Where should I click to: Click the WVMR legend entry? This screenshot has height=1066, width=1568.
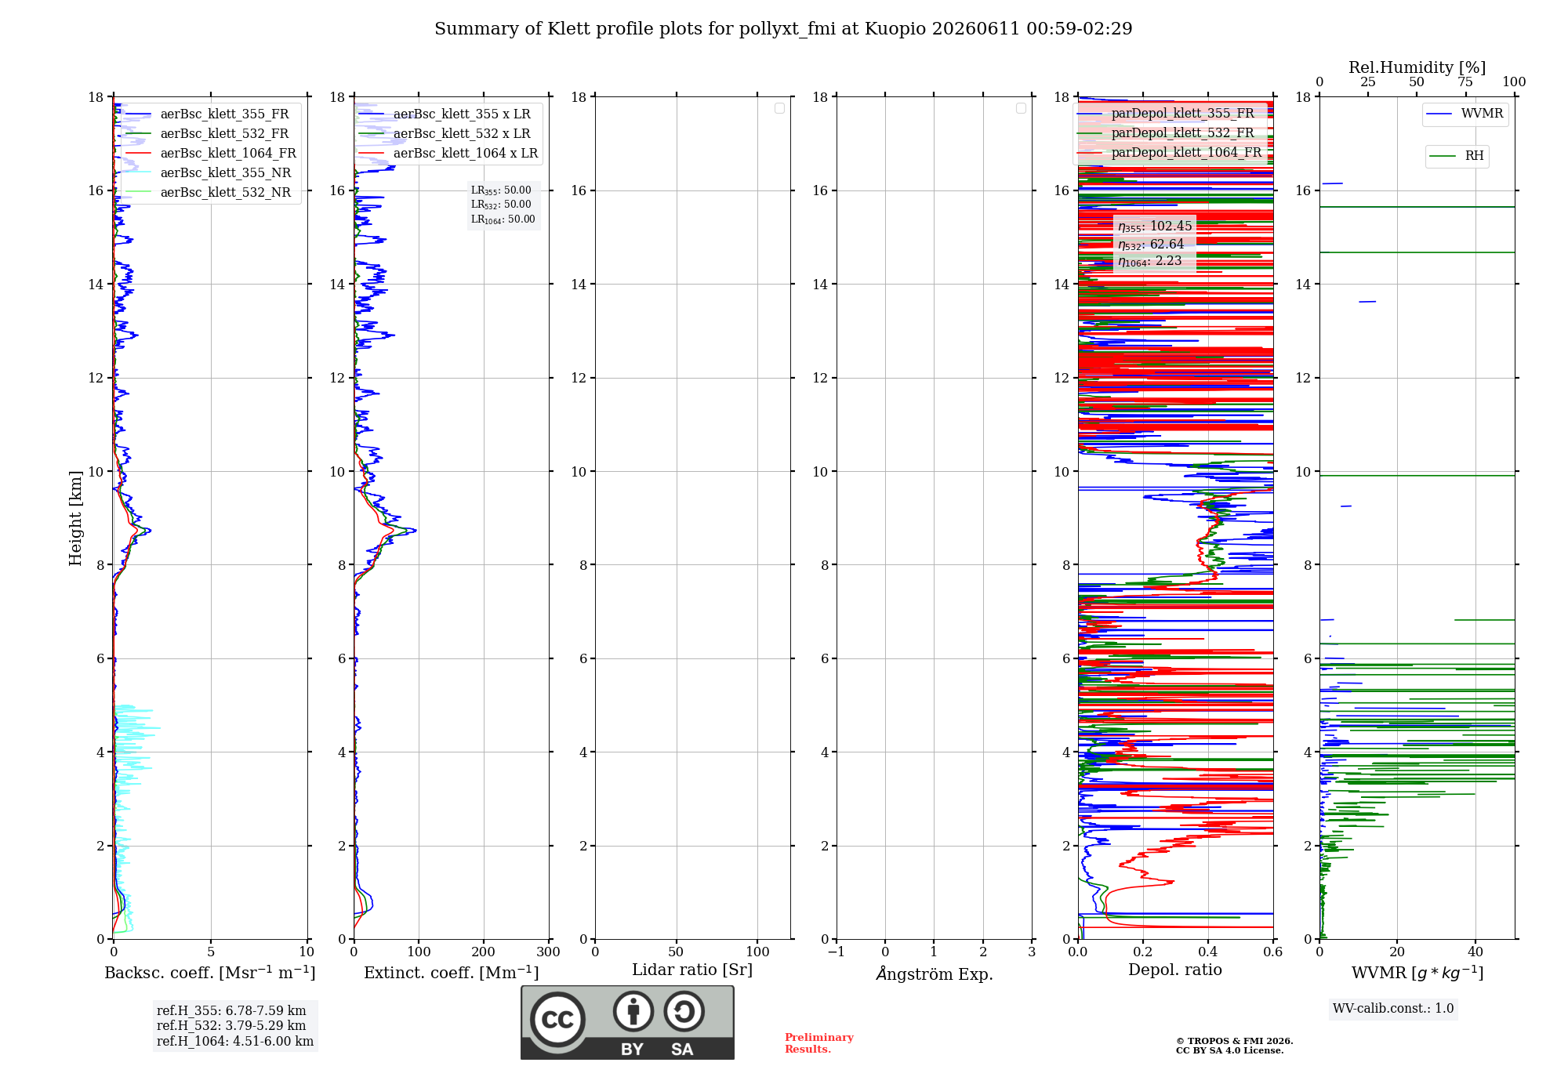[1465, 114]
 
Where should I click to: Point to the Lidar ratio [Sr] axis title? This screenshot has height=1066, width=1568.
[692, 970]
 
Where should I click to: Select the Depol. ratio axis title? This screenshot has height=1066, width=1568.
[1174, 970]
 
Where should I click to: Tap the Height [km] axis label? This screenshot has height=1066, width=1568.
[75, 518]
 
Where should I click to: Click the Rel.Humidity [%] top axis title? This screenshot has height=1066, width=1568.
[1417, 67]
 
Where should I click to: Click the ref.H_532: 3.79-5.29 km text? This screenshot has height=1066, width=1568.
[231, 1026]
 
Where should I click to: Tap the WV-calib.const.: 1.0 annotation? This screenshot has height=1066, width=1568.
[1393, 1009]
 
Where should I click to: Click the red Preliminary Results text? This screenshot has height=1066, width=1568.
[818, 1043]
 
